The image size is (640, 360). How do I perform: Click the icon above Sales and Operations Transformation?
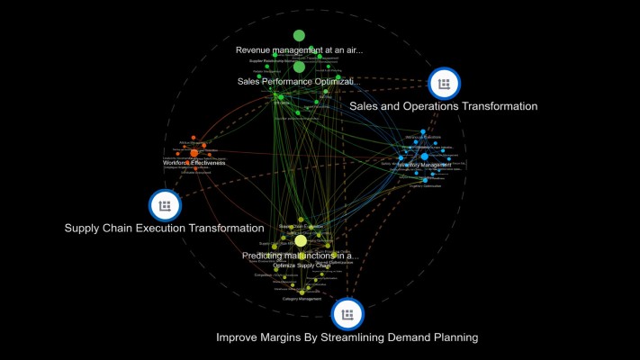443,84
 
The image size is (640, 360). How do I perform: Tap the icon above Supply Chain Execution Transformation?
164,206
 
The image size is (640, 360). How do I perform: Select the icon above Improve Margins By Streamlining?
347,314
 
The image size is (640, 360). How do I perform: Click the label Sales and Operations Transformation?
443,106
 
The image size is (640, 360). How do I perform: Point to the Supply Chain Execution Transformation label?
164,229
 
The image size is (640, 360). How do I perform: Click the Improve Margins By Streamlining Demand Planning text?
347,337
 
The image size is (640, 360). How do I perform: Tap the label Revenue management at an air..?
299,49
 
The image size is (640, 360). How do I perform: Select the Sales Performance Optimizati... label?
299,82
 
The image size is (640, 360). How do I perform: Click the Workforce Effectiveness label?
194,163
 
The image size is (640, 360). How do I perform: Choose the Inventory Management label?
423,166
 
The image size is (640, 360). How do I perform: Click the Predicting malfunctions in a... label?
300,256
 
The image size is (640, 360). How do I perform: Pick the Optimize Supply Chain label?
302,265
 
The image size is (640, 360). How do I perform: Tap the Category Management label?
302,299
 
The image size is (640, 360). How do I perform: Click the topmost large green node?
299,35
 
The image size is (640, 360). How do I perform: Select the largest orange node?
194,154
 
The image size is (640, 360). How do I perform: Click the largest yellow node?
301,241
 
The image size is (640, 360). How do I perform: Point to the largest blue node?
424,157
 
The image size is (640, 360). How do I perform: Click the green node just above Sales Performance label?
299,67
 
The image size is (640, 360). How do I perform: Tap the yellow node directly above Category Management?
302,292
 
